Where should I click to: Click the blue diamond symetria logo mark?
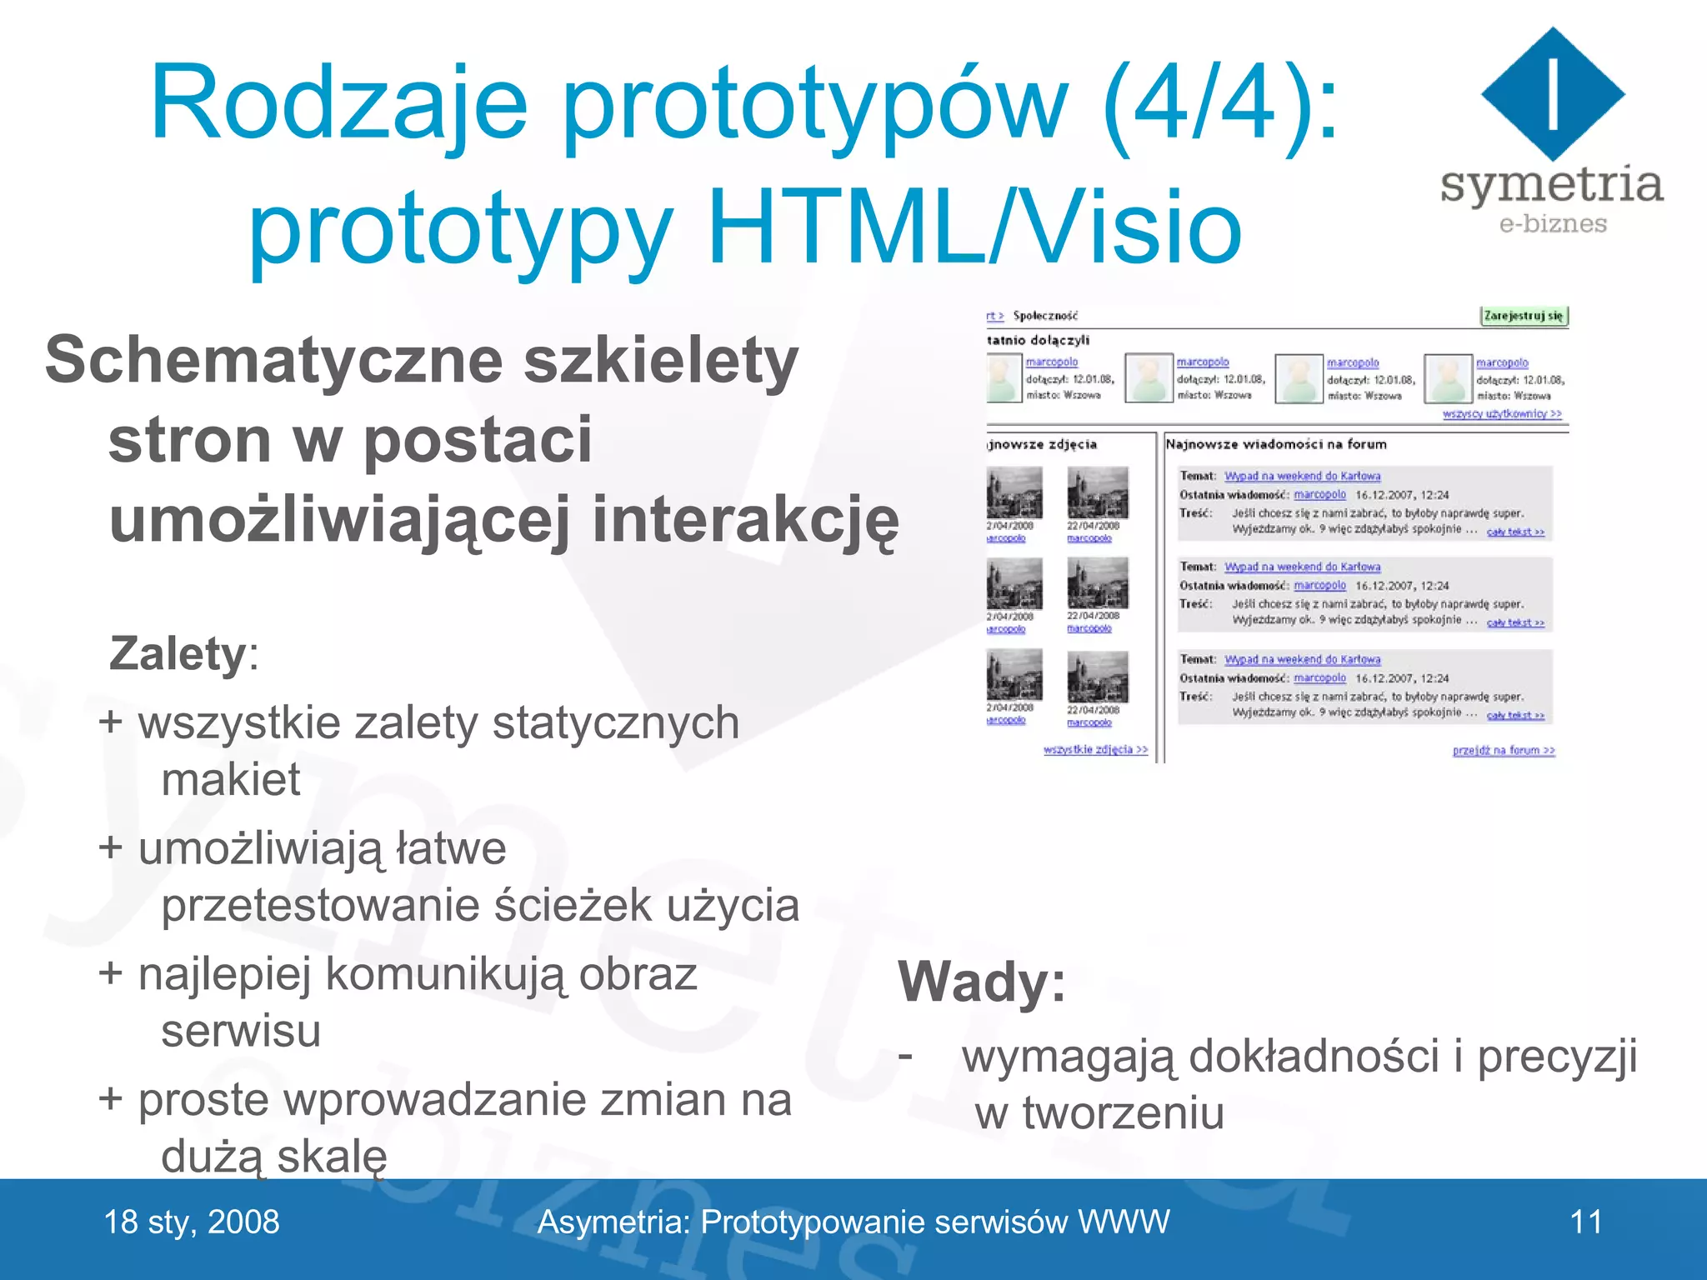click(1552, 93)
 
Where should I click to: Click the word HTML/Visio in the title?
click(974, 227)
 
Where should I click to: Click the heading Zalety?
click(177, 653)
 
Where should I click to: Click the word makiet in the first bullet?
click(231, 780)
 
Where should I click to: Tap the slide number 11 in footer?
click(1585, 1222)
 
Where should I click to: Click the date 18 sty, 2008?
click(192, 1222)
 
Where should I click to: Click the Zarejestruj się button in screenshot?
click(1524, 316)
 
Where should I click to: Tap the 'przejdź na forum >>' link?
click(1503, 750)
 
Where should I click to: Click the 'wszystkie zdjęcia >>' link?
click(1094, 750)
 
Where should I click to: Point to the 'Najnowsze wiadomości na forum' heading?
click(1276, 444)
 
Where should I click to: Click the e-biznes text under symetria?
click(1552, 223)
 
